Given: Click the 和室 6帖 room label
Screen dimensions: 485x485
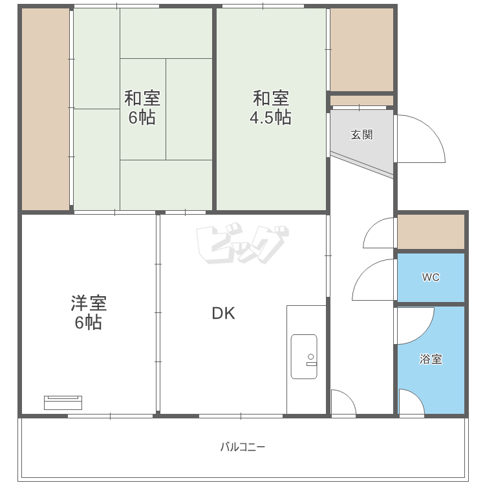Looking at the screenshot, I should [142, 108].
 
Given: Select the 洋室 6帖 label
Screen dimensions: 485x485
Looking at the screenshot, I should [88, 312].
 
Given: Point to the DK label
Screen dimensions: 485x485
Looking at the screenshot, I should [224, 314].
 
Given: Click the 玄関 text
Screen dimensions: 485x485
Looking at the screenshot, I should [361, 135].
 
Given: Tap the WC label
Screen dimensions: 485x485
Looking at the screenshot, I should [431, 277].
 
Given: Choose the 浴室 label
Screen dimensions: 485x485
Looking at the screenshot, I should [431, 360].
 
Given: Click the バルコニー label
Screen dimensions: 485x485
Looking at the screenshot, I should [242, 447].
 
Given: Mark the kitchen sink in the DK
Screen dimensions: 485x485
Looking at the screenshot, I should [304, 356].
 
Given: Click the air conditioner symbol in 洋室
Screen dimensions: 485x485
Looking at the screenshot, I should [63, 402].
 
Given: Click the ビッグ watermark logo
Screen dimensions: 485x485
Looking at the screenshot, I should [241, 245].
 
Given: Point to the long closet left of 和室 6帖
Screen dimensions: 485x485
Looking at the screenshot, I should [45, 109].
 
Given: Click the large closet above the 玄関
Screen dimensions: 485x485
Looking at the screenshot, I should [361, 50].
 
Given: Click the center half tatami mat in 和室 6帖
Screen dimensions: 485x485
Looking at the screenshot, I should [143, 109].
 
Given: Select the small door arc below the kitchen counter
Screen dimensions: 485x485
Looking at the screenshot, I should [343, 401].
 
